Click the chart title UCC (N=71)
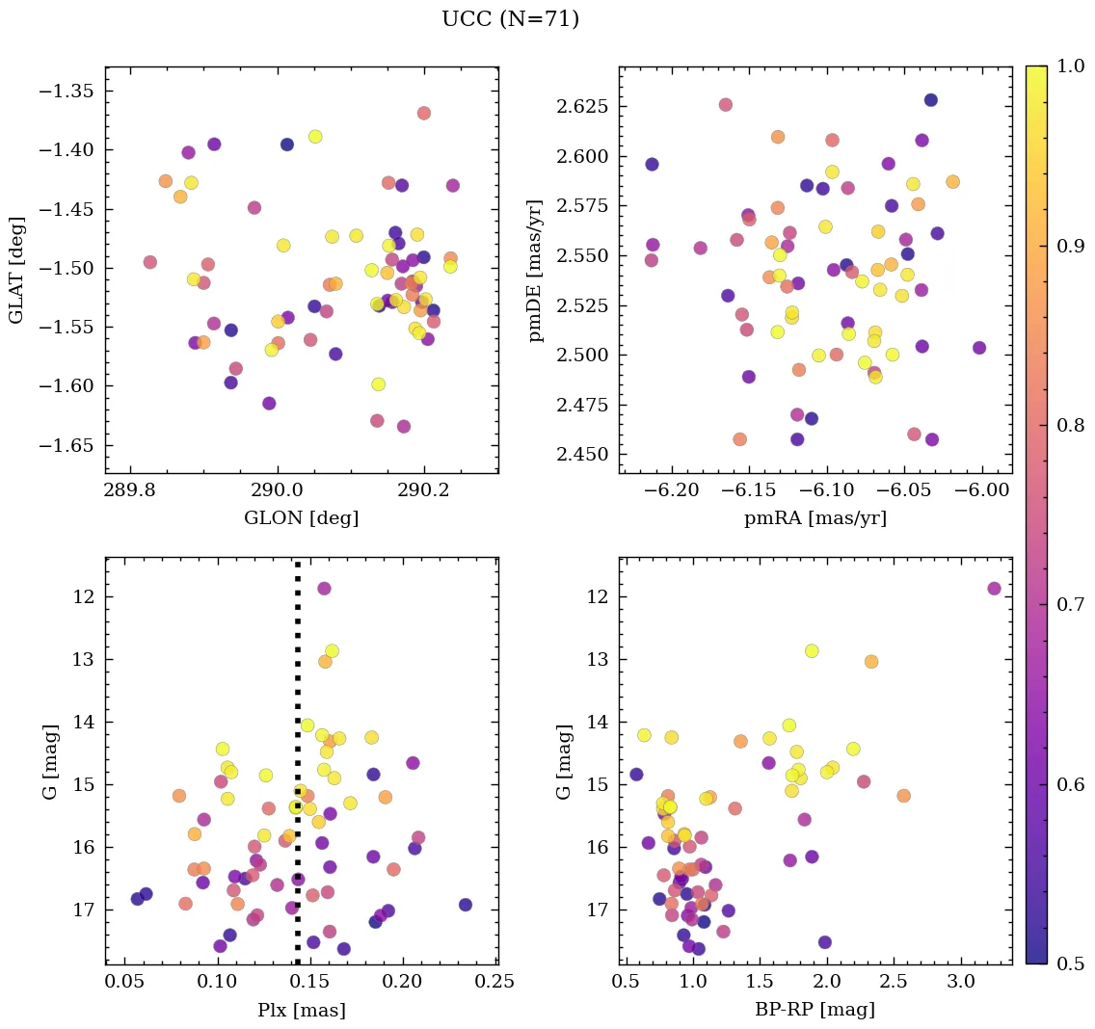510,19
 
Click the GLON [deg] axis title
301,518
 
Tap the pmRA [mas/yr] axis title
815,518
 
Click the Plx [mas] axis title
301,1010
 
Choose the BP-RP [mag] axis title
815,1010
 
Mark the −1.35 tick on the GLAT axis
72,92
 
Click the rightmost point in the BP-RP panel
994,589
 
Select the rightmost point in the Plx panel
466,905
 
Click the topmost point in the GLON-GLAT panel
423,113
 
